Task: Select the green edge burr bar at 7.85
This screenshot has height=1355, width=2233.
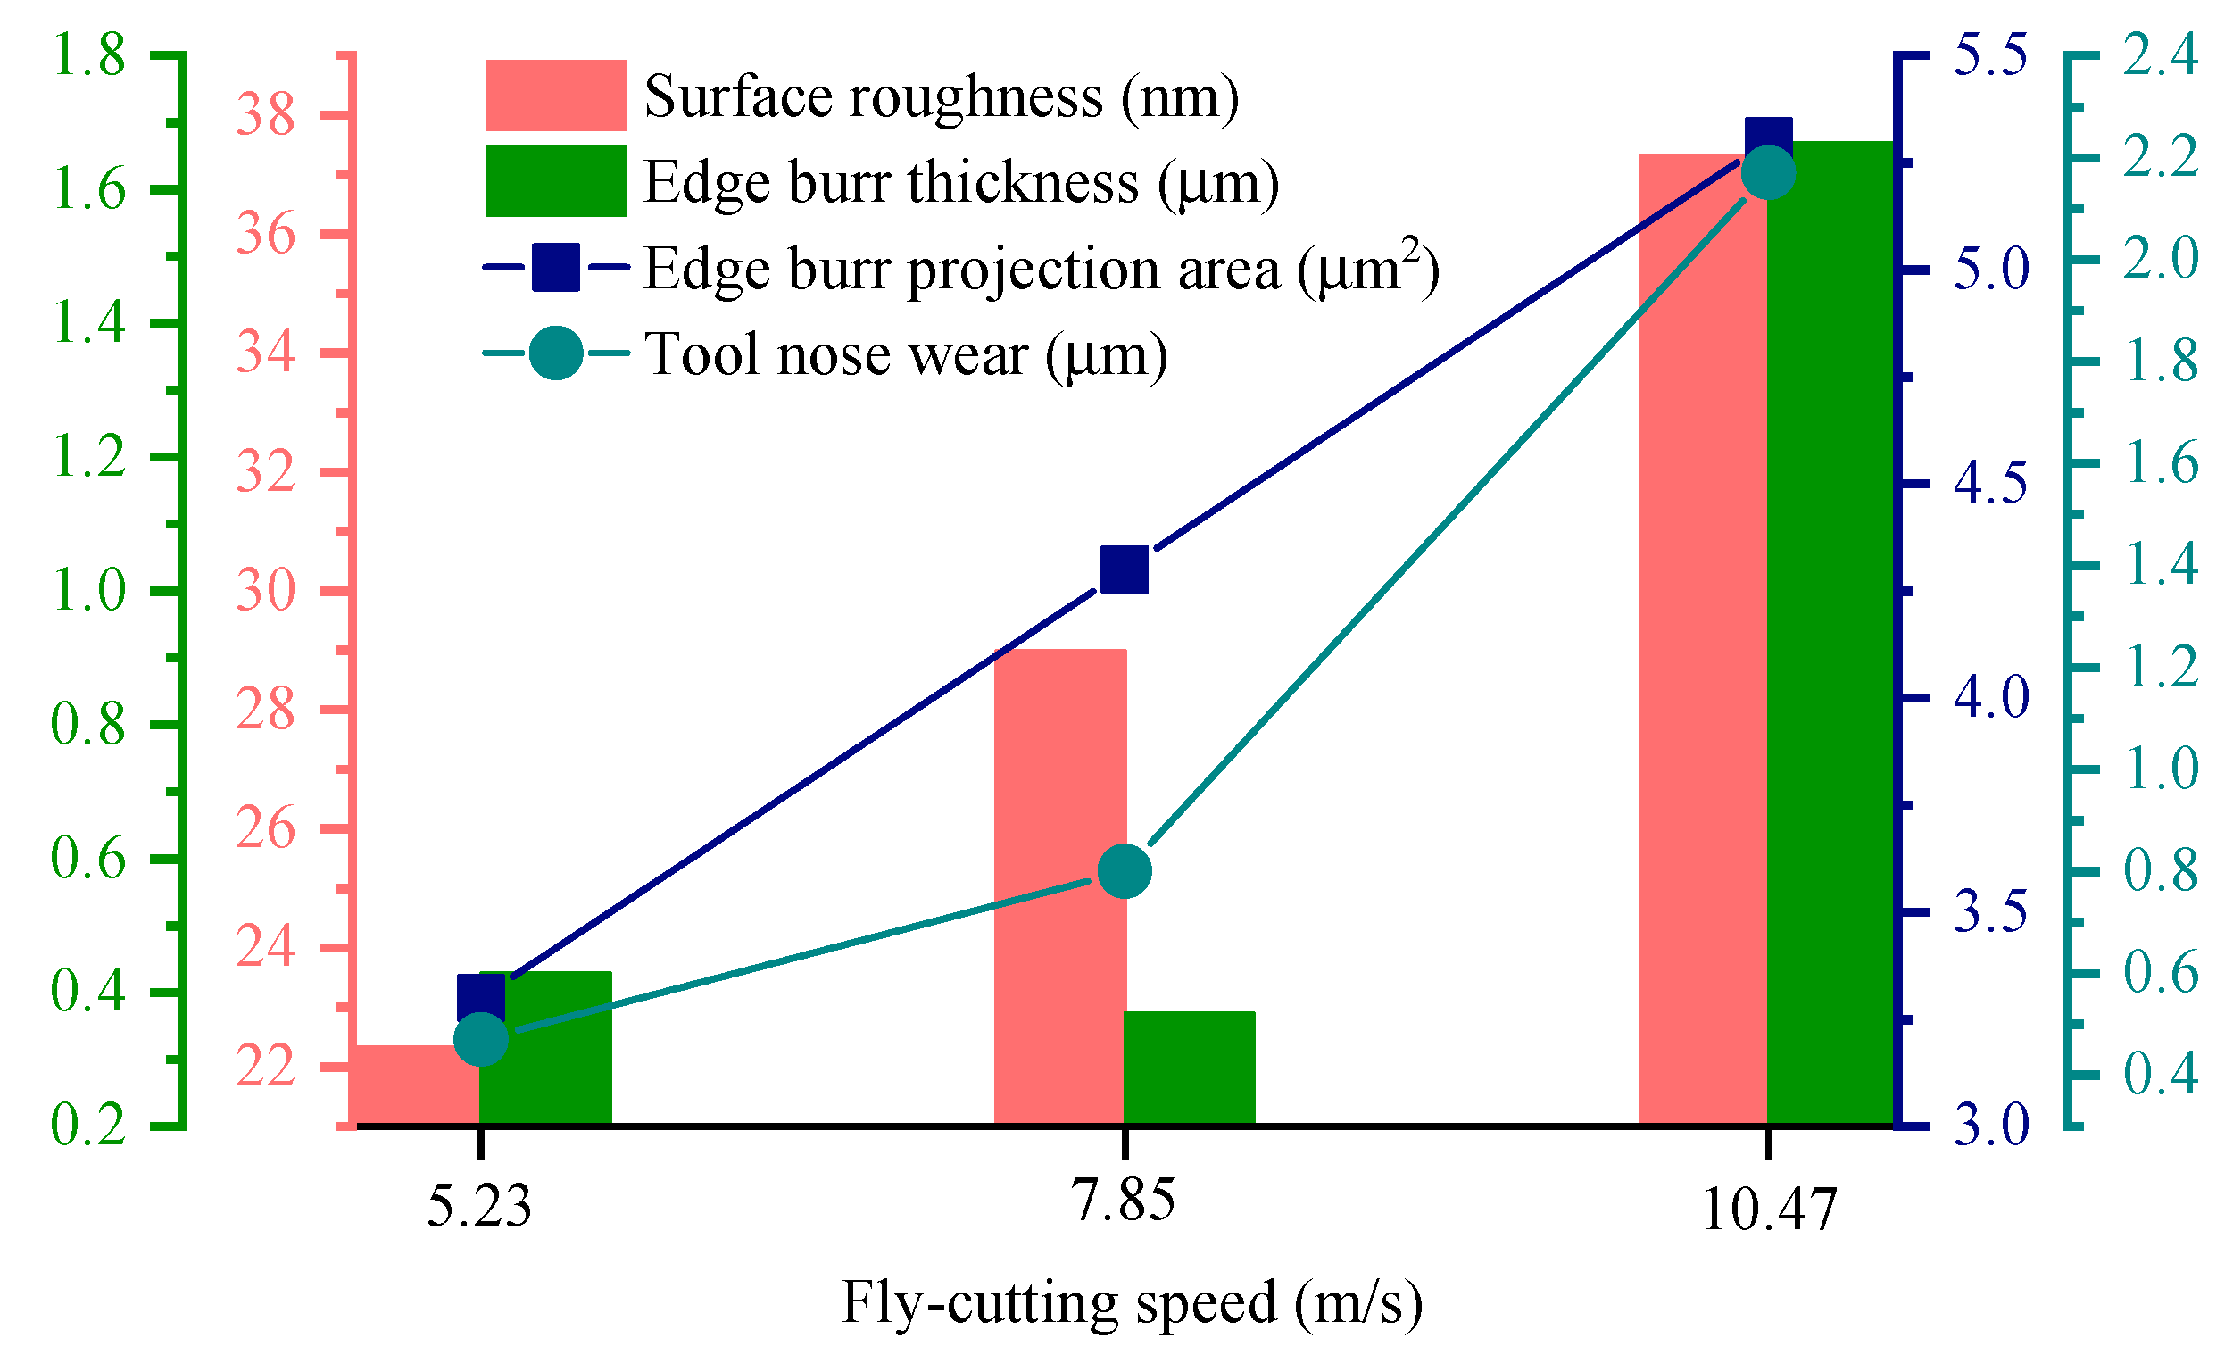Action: click(1189, 1069)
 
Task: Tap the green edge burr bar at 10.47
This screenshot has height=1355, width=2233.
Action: click(1830, 635)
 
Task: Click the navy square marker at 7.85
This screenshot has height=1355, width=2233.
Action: click(1125, 569)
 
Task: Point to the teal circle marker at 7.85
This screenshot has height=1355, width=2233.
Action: click(1125, 871)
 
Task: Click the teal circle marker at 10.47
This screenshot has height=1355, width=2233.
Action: click(1768, 173)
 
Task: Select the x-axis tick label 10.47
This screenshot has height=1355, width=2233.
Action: click(1769, 1210)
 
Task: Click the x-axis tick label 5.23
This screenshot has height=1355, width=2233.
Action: click(478, 1206)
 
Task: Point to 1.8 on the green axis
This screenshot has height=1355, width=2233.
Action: click(87, 56)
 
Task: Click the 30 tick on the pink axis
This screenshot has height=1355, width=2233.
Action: click(266, 592)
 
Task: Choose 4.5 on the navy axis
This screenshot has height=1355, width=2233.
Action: click(1990, 483)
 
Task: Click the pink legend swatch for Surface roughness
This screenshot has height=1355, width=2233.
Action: click(555, 96)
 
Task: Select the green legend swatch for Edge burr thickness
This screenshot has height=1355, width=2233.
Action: click(555, 181)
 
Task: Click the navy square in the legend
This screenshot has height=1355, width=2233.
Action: click(555, 268)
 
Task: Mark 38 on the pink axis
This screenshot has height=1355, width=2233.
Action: click(266, 116)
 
